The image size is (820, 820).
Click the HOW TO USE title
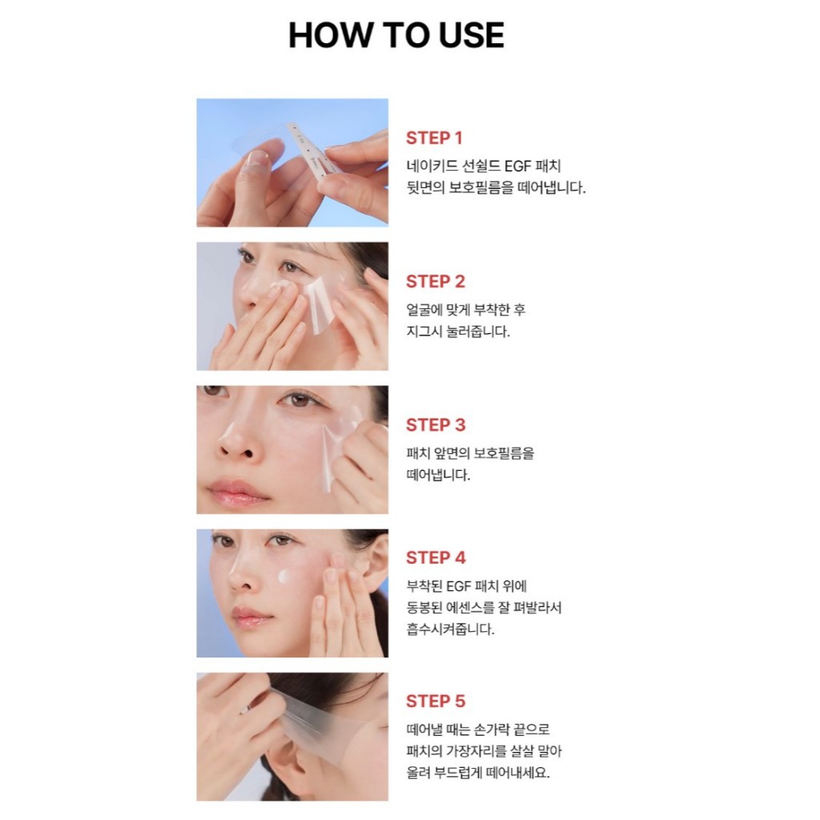pos(396,35)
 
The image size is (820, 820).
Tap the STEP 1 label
pos(434,138)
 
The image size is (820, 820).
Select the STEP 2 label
pos(435,281)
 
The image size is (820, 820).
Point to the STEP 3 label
pos(435,424)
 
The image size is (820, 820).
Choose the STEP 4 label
pos(435,557)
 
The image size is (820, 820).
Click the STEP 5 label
pos(435,701)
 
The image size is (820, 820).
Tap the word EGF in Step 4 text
pos(460,585)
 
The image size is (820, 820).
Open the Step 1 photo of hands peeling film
pos(292,163)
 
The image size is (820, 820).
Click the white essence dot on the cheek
pos(283,577)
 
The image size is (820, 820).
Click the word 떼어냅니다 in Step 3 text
pos(438,475)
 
